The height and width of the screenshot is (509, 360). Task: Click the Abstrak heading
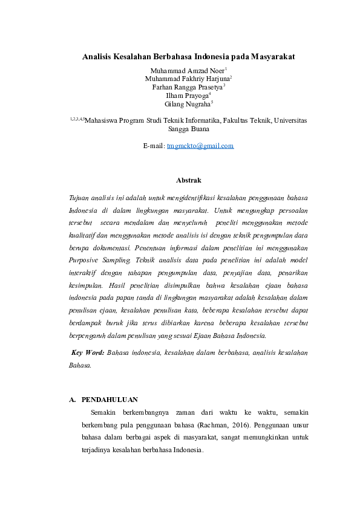188,180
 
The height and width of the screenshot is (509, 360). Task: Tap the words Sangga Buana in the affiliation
188,129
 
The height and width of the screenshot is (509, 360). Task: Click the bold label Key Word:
87,352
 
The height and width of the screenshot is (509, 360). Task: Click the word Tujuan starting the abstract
82,198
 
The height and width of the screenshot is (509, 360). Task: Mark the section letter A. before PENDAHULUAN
73,400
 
